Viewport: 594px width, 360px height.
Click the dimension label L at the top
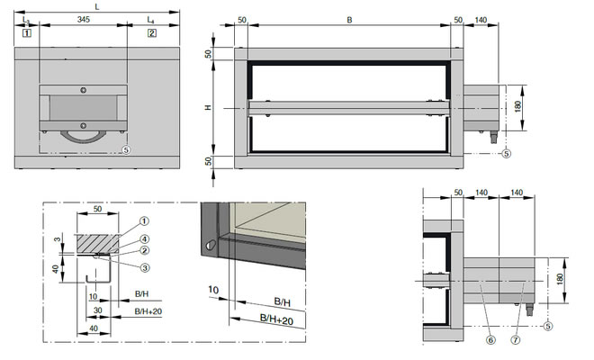click(97, 7)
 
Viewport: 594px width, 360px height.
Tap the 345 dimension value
click(84, 19)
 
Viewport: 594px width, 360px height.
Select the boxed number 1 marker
click(27, 33)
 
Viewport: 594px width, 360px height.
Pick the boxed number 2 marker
click(152, 33)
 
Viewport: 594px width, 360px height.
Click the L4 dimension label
click(151, 20)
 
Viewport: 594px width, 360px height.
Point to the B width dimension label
click(350, 20)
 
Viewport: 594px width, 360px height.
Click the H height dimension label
click(208, 108)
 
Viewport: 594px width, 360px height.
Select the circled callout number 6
click(490, 340)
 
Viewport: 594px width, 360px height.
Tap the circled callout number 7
click(516, 340)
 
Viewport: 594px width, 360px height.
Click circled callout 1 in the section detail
click(144, 220)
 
